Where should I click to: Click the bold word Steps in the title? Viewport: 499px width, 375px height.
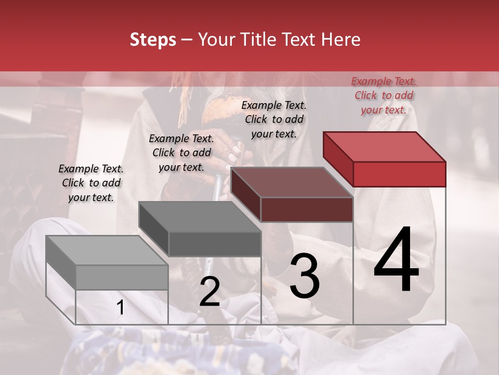(153, 40)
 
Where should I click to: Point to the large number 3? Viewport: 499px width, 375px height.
(305, 276)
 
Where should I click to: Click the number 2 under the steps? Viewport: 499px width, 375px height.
(209, 292)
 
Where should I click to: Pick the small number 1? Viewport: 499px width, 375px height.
(120, 308)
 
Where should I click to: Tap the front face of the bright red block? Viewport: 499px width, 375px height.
(399, 174)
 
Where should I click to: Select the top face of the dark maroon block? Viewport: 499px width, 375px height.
(292, 182)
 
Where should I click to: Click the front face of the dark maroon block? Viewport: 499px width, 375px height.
(307, 210)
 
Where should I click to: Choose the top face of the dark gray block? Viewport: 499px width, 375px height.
(200, 217)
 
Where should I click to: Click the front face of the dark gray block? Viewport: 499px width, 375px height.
(214, 244)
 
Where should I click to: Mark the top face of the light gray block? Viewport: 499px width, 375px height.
(107, 251)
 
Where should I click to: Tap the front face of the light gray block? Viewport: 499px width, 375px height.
(122, 277)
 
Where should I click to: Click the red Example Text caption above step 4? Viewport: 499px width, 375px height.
(384, 95)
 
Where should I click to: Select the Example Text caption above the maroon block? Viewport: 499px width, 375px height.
(274, 119)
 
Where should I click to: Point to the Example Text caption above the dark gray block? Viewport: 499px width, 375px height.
(181, 153)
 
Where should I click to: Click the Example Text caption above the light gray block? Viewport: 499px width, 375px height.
(91, 183)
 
